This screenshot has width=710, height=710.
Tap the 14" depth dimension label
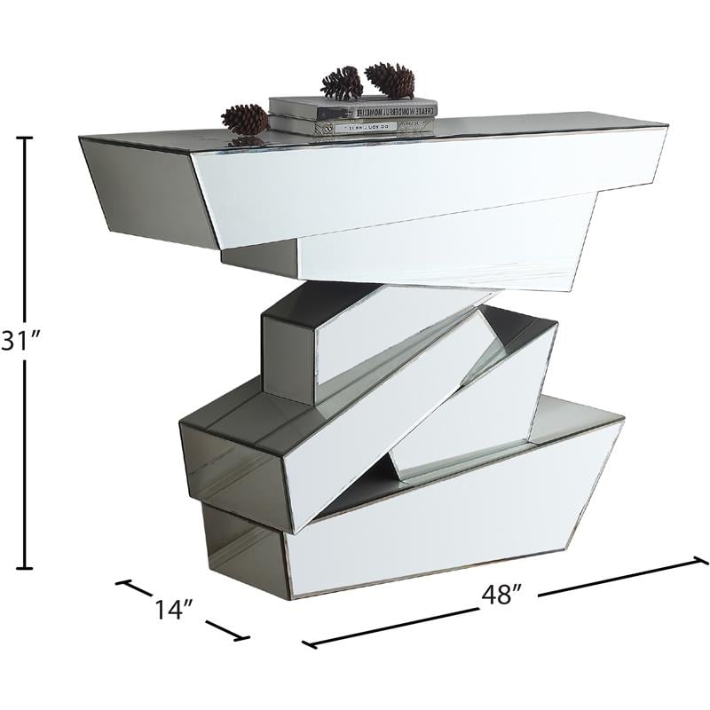pos(173,609)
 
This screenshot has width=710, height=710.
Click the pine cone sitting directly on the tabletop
pos(245,118)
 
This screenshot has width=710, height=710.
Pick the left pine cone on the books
pos(342,83)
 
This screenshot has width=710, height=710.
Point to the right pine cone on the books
pos(390,79)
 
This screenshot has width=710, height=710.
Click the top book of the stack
pos(353,108)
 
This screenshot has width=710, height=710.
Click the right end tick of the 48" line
pos(701,559)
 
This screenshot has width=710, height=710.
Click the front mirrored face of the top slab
pos(426,182)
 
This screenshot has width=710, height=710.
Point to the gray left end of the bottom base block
pos(240,541)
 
